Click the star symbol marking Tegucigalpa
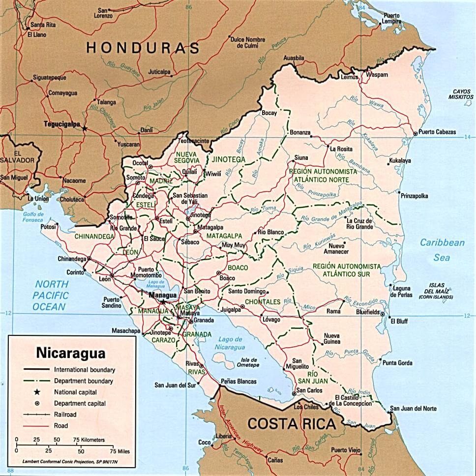(84, 128)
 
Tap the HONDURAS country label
(143, 48)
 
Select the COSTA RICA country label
(291, 423)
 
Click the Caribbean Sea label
(442, 250)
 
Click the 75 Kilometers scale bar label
(89, 439)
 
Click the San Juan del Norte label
(413, 409)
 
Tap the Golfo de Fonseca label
(33, 217)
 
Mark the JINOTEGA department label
(229, 159)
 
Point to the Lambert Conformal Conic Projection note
(71, 462)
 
